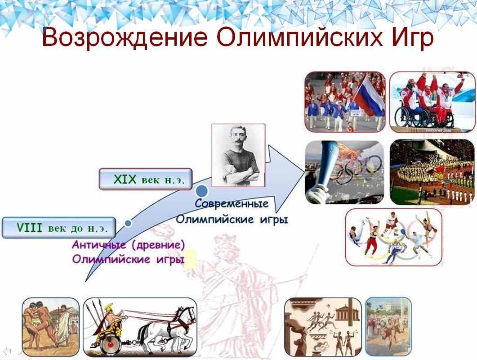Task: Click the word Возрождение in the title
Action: coord(125,37)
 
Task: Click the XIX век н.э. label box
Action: coord(146,179)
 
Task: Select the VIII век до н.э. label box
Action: coord(59,228)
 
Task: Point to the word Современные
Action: coord(232,203)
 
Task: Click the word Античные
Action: coord(98,244)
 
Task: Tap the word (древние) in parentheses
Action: coord(159,245)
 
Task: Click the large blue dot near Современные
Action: coord(201,191)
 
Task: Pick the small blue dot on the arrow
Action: coord(128,223)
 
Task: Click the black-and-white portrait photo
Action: coord(238,155)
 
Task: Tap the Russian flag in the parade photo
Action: coord(369,95)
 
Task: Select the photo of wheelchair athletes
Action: coord(432,102)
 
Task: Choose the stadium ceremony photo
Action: coord(432,172)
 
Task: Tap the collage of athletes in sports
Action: coord(394,237)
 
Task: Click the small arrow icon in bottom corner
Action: coord(7,351)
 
